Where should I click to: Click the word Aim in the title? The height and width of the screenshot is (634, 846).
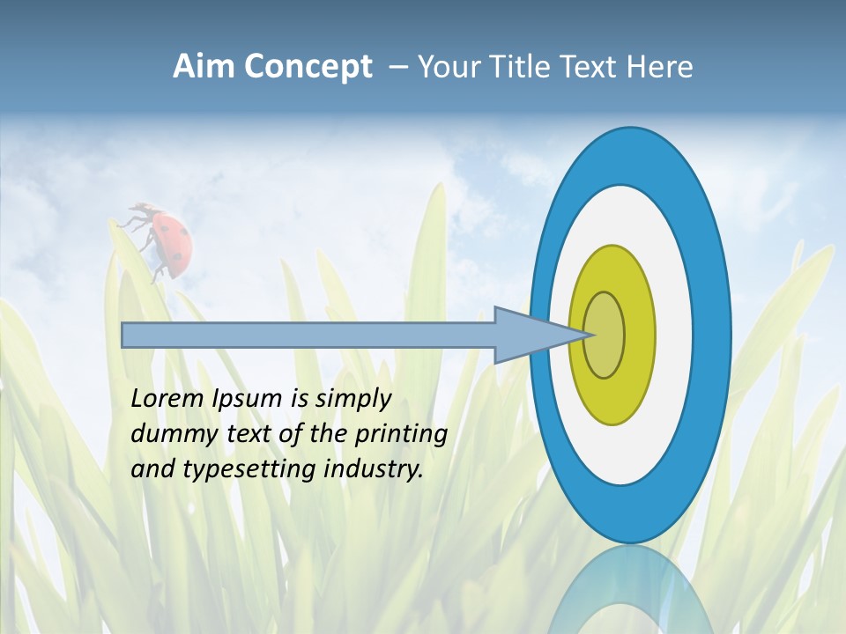coord(204,66)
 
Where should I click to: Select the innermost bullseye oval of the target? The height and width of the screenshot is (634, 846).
coord(605,335)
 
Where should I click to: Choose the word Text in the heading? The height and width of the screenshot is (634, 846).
coord(592,66)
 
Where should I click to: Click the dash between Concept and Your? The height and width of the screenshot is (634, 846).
coord(397,67)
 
